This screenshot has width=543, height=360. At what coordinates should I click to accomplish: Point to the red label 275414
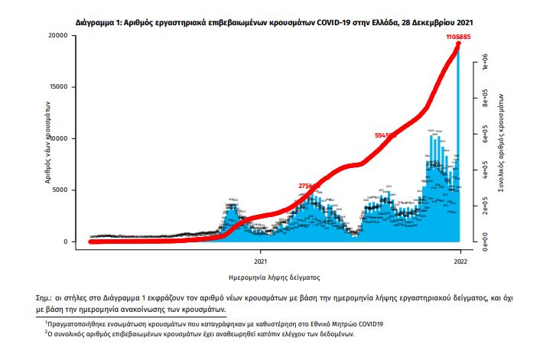pyautogui.click(x=309, y=186)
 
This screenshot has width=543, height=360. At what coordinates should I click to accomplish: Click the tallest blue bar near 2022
pyautogui.click(x=458, y=138)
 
